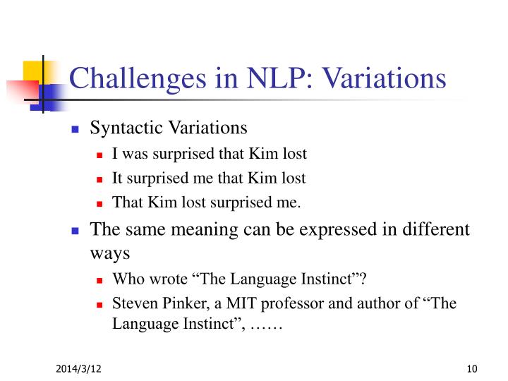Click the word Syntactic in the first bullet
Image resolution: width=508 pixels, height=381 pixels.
121,128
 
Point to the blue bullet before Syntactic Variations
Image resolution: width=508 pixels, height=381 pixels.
77,129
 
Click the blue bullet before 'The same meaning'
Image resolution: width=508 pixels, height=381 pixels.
77,231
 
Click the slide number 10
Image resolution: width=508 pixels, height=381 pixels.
472,368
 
